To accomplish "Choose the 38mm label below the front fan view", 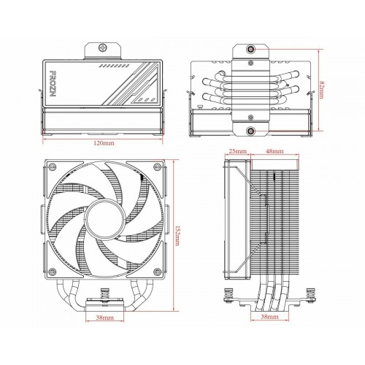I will (104, 318).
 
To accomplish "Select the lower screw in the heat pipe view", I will (251, 131).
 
